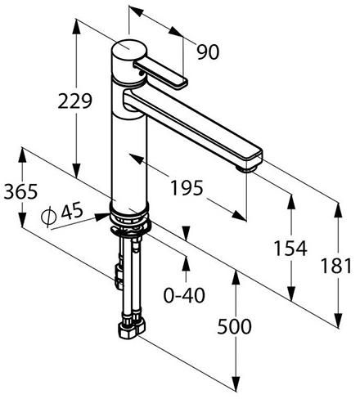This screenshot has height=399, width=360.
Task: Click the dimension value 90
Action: pyautogui.click(x=208, y=52)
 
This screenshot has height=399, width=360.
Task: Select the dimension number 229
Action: pyautogui.click(x=75, y=101)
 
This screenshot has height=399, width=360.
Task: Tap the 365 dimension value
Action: pyautogui.click(x=20, y=191)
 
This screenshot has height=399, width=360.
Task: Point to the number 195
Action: pyautogui.click(x=187, y=187)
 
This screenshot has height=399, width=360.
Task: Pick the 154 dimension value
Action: pyautogui.click(x=290, y=249)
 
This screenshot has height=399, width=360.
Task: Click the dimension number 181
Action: pyautogui.click(x=336, y=266)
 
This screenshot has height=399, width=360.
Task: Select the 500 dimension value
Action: pyautogui.click(x=234, y=326)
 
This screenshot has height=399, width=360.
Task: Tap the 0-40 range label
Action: pyautogui.click(x=184, y=295)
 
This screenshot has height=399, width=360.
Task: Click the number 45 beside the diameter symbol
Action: pyautogui.click(x=72, y=210)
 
